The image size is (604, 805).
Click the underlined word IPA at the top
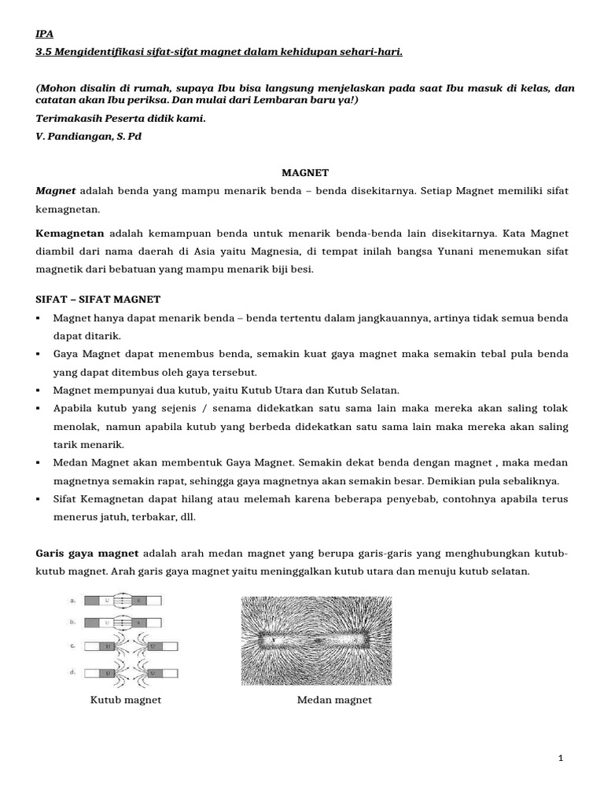click(x=45, y=35)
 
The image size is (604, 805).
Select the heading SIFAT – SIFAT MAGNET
click(x=98, y=300)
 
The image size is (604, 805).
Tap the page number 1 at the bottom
click(x=560, y=758)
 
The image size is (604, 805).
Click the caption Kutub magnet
click(x=126, y=700)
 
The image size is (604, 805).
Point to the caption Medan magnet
click(x=334, y=700)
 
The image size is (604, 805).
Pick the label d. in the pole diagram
click(x=72, y=672)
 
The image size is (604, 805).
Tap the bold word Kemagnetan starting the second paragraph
click(x=71, y=234)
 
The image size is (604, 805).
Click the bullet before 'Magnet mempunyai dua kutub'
click(x=39, y=391)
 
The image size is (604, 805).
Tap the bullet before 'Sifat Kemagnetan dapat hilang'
click(x=39, y=500)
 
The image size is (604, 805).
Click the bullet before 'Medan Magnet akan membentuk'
click(x=39, y=463)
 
